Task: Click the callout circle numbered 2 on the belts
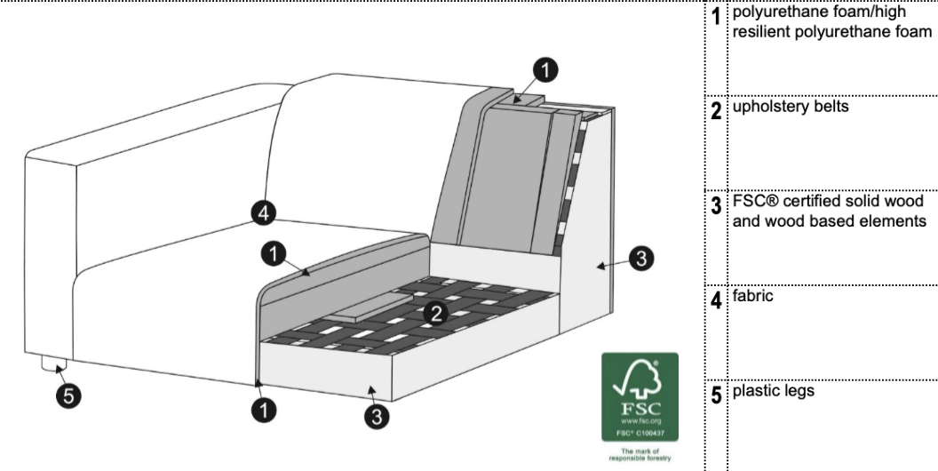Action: (436, 313)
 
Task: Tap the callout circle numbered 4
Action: (264, 213)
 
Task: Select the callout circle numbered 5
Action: (68, 396)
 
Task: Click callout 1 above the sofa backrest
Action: (545, 70)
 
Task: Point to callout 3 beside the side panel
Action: (641, 259)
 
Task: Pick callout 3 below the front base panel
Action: (377, 417)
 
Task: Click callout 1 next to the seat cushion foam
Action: (274, 255)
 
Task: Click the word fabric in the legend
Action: (752, 296)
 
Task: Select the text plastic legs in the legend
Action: (774, 391)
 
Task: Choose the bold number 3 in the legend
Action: (716, 206)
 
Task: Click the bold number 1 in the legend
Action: (716, 17)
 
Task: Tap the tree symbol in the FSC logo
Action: (639, 379)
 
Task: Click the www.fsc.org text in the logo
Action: (640, 421)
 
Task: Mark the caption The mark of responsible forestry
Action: (640, 455)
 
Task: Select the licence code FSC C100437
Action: (640, 432)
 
